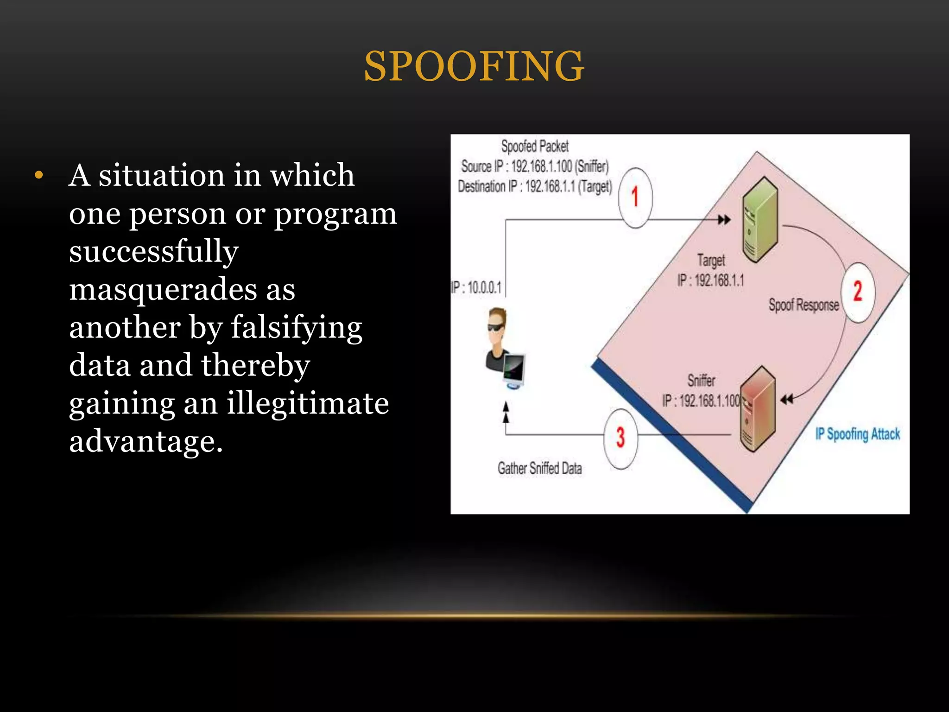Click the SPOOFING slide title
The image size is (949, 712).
pos(474,66)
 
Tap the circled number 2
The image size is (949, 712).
pos(858,292)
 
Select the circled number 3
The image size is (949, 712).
pos(620,437)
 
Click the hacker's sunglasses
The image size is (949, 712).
pos(496,327)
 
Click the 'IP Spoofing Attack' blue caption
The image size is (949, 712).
pos(857,434)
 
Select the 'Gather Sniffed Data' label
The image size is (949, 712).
pos(539,468)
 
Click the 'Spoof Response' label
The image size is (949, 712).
pos(803,305)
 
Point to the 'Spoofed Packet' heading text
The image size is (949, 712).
pos(535,146)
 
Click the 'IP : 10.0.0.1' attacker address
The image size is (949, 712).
pos(476,287)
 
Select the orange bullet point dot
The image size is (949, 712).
pos(39,176)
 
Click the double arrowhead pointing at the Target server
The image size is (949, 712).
pos(724,220)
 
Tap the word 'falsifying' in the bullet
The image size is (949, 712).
pos(296,328)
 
